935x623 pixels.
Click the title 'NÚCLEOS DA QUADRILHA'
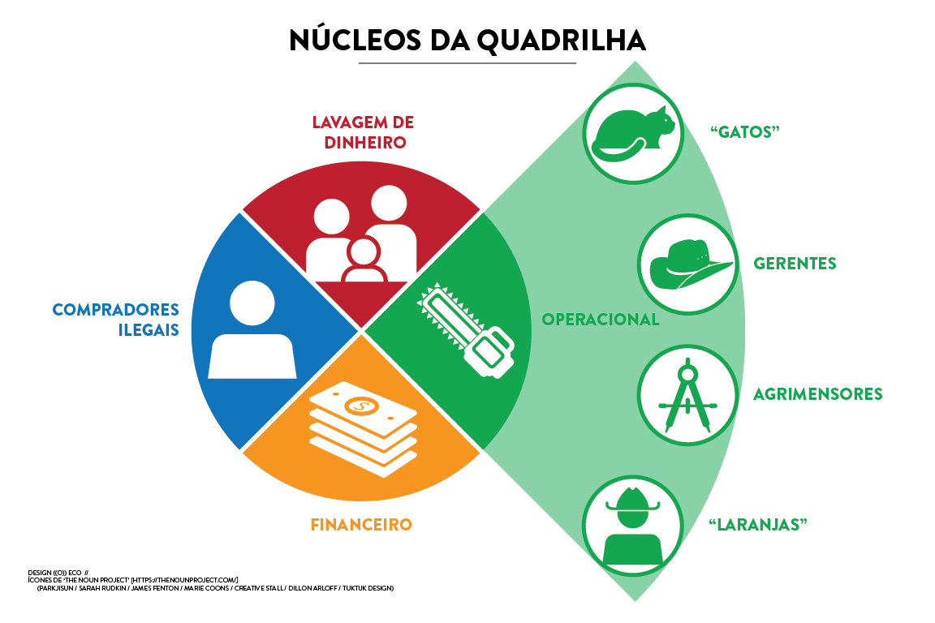(467, 40)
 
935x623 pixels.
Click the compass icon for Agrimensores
(687, 394)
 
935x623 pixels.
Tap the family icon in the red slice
(362, 235)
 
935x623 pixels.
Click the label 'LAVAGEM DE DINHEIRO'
(363, 132)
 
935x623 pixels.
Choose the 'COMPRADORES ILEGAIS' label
(115, 320)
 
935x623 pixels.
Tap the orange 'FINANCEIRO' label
(361, 525)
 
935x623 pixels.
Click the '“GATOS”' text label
(744, 132)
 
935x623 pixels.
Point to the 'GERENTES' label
(795, 264)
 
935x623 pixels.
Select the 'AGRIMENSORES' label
(817, 394)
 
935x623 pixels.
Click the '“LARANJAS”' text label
(758, 524)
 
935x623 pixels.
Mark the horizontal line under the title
(467, 62)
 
